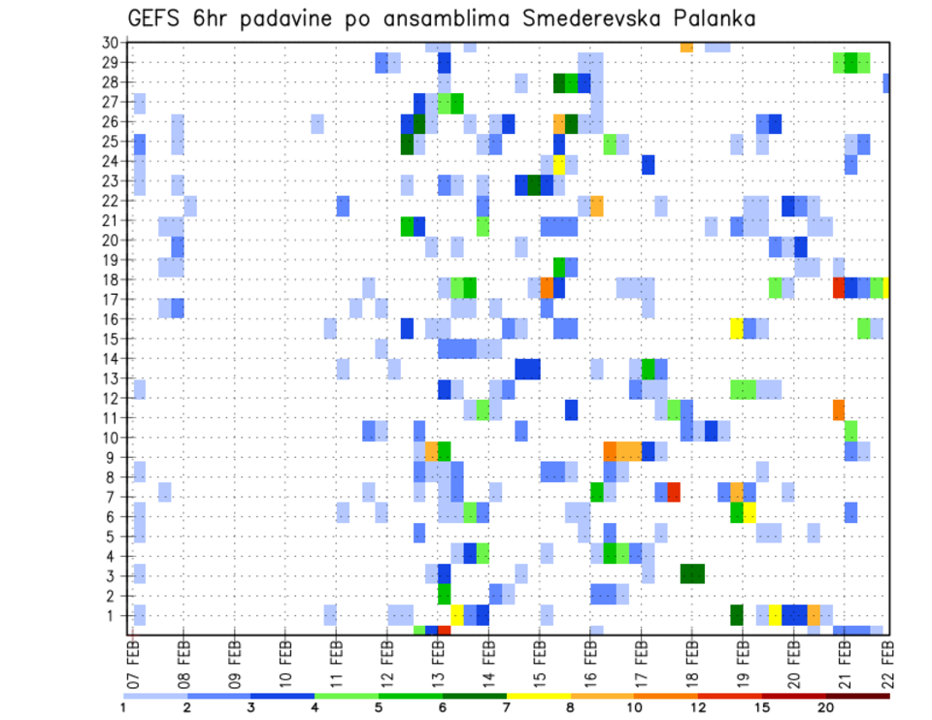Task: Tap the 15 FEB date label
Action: point(539,661)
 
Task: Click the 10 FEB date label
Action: point(285,661)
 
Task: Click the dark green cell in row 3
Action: point(692,573)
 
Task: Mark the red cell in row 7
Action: point(674,492)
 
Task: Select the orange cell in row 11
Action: point(839,409)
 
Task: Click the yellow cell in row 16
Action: point(737,328)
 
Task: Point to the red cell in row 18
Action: point(839,288)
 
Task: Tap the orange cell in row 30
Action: point(686,47)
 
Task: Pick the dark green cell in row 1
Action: point(737,615)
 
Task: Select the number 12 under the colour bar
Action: point(698,707)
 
